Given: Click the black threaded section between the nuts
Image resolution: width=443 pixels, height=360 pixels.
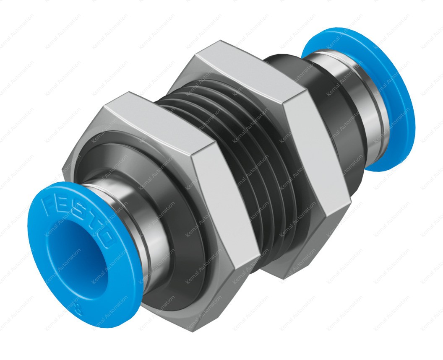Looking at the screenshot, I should point(252,168).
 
